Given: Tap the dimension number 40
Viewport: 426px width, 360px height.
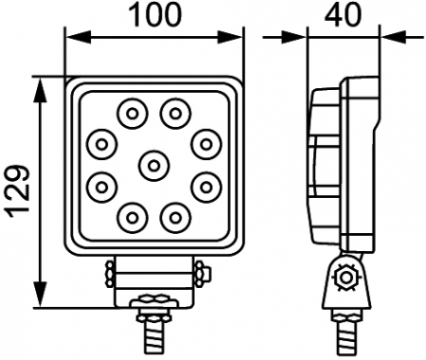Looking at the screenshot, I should [x=344, y=17].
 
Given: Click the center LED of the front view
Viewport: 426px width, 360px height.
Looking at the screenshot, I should [x=151, y=165].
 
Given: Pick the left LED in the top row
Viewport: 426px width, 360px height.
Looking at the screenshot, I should [x=129, y=114].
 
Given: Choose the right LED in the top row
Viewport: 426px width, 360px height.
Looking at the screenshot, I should [x=173, y=114].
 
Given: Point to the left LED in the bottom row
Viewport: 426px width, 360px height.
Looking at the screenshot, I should [x=129, y=216].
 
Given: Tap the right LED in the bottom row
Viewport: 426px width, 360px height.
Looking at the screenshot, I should [x=173, y=216].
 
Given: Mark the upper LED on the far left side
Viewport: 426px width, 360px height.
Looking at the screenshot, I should [x=100, y=144].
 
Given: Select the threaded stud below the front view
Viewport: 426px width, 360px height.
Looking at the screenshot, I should [x=151, y=332].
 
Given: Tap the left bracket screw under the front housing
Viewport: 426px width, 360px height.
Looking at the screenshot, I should [x=110, y=273].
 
